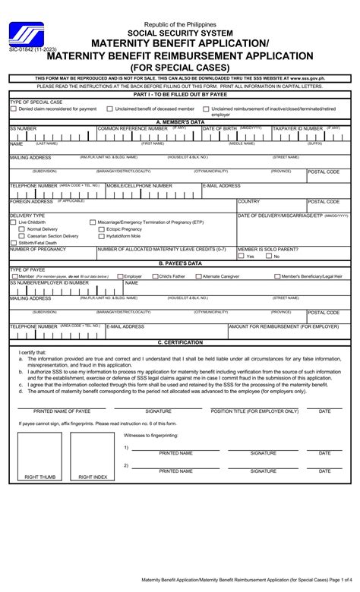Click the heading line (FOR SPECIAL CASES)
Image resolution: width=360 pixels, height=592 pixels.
tap(180, 67)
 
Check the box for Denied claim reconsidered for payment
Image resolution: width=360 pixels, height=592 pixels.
tap(13, 109)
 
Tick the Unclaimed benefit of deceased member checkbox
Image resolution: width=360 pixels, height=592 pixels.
tap(109, 109)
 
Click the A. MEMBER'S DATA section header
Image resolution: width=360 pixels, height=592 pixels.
tap(180, 121)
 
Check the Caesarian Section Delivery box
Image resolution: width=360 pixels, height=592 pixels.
tap(23, 236)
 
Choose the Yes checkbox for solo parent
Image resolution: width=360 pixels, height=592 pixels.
tap(241, 257)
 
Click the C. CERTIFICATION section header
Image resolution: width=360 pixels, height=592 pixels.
tap(180, 342)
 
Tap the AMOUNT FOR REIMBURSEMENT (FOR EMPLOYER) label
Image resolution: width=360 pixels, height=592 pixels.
tap(283, 326)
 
